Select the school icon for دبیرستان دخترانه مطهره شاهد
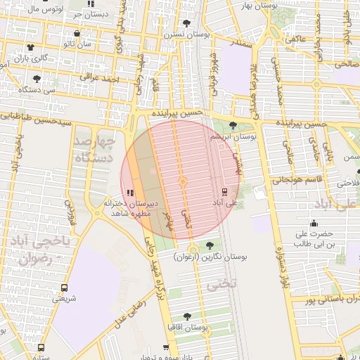pyautogui.click(x=130, y=192)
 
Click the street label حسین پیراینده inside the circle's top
pyautogui.click(x=181, y=112)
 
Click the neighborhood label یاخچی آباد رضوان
pyautogui.click(x=35, y=250)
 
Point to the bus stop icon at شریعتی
pyautogui.click(x=64, y=288)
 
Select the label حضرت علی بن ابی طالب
pyautogui.click(x=312, y=238)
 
